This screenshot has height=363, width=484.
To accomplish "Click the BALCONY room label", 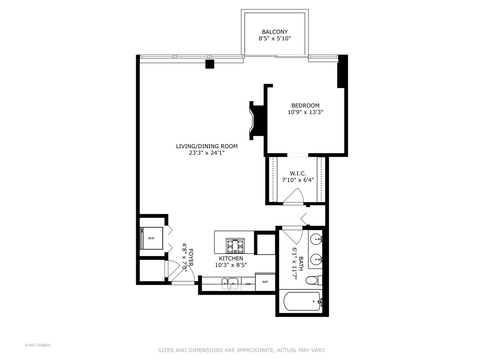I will pos(275,32).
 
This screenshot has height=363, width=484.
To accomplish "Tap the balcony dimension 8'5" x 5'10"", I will pos(275,39).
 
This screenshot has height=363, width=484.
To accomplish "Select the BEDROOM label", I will pos(305,106).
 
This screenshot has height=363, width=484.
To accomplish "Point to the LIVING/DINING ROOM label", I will pos(207,146).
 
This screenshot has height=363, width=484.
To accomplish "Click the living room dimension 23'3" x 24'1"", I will pos(207,153).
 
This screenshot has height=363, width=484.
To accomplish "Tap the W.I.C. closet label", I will pos(298,173).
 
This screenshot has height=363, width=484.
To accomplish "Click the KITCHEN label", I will pos(231,258).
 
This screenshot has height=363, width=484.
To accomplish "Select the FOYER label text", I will pos(191,257).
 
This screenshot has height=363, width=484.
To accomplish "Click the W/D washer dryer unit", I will pos(152,238).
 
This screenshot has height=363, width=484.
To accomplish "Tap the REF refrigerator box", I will pos(265,282).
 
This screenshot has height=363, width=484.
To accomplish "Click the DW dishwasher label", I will pos(248,284).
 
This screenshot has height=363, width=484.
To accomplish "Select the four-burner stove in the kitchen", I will pos(235,246).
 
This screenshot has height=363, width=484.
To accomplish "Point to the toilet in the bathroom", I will pos(312,280).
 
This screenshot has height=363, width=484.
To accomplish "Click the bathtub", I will pos(302,301).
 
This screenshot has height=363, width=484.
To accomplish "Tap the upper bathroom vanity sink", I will pos(316,240).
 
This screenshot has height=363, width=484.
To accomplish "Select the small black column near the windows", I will pos(210,64).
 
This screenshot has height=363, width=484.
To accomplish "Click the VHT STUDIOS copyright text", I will pos(38,345).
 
